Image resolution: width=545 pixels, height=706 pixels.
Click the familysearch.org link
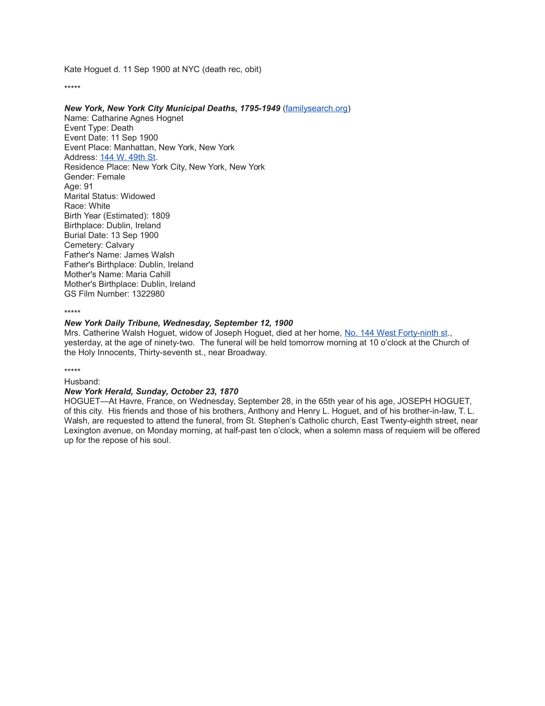coord(316,108)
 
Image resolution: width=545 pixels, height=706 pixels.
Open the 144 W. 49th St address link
coord(128,157)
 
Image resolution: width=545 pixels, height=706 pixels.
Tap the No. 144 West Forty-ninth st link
coord(396,333)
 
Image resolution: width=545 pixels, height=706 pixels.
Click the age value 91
coord(88,186)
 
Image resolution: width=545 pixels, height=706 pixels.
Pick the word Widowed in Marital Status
coord(138,196)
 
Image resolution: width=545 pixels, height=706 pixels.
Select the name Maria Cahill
coord(148,274)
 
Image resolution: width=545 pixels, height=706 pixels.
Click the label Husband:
coord(82,382)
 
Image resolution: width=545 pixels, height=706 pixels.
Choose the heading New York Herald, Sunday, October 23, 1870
coord(151,392)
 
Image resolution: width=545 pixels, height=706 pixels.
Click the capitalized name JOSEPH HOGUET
coord(434,401)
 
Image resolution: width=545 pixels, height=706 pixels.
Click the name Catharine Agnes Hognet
coord(137,118)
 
